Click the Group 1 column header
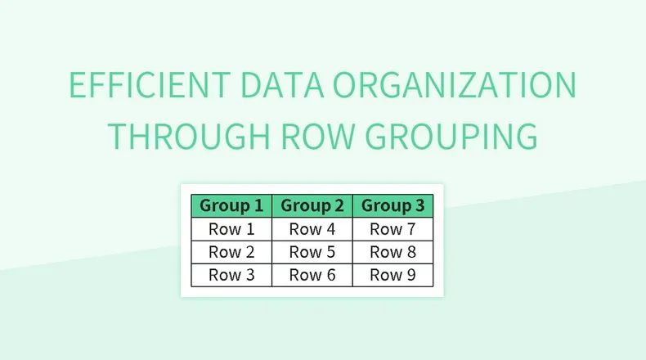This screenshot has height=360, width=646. (x=231, y=206)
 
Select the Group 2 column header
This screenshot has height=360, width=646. (x=312, y=206)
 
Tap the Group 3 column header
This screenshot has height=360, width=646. (x=393, y=206)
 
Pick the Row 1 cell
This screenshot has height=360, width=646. (x=231, y=229)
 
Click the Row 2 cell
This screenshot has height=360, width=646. (x=231, y=252)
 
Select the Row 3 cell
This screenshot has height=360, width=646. (x=231, y=275)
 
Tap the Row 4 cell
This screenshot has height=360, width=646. (x=312, y=229)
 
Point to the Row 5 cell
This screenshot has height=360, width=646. (x=312, y=252)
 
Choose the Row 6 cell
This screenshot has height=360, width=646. (x=312, y=275)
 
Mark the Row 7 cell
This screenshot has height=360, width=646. (x=393, y=229)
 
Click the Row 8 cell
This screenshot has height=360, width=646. (x=393, y=252)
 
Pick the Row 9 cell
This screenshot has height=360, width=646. (x=393, y=275)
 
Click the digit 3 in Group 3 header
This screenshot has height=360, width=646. (x=419, y=206)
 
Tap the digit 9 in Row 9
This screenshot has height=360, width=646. (x=410, y=275)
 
